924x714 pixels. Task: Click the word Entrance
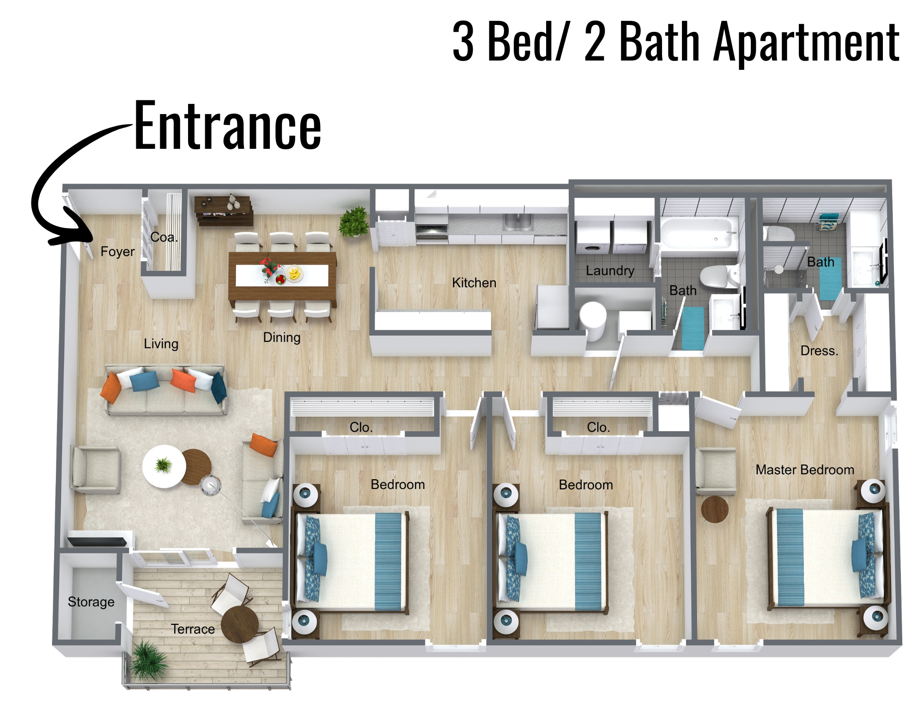pyautogui.click(x=227, y=126)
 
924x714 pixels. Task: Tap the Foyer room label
pyautogui.click(x=117, y=251)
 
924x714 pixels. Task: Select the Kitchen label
pyautogui.click(x=474, y=282)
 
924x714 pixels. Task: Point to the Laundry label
pyautogui.click(x=610, y=270)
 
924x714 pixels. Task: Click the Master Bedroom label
pyautogui.click(x=805, y=470)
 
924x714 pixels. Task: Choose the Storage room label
pyautogui.click(x=91, y=602)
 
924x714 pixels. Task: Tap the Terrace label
pyautogui.click(x=193, y=629)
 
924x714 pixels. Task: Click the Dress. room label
pyautogui.click(x=819, y=351)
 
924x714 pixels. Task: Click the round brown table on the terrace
pyautogui.click(x=239, y=624)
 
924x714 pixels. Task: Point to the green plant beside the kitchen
pyautogui.click(x=354, y=221)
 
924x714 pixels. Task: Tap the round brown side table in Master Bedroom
pyautogui.click(x=715, y=509)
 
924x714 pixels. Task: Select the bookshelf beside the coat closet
pyautogui.click(x=224, y=211)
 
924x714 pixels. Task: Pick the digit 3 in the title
pyautogui.click(x=463, y=42)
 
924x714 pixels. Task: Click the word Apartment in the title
pyautogui.click(x=806, y=43)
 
